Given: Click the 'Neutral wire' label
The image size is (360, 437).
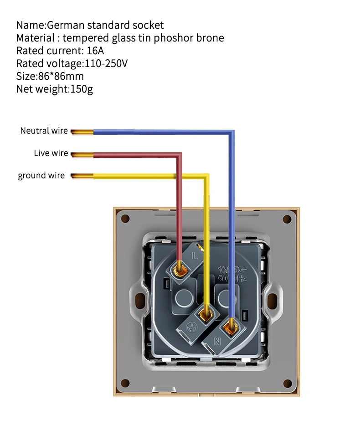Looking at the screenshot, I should [44, 131].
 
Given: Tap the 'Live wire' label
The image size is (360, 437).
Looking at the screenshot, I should [51, 153].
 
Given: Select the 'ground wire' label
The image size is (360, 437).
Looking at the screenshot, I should [41, 176].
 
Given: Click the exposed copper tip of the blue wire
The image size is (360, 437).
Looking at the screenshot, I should [82, 132].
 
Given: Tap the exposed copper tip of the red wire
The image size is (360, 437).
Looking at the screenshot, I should [82, 155].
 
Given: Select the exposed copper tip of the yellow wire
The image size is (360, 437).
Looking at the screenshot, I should [82, 176].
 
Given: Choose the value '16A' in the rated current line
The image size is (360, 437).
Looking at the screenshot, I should [95, 51].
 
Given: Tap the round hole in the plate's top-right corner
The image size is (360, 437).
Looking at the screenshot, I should [287, 219].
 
